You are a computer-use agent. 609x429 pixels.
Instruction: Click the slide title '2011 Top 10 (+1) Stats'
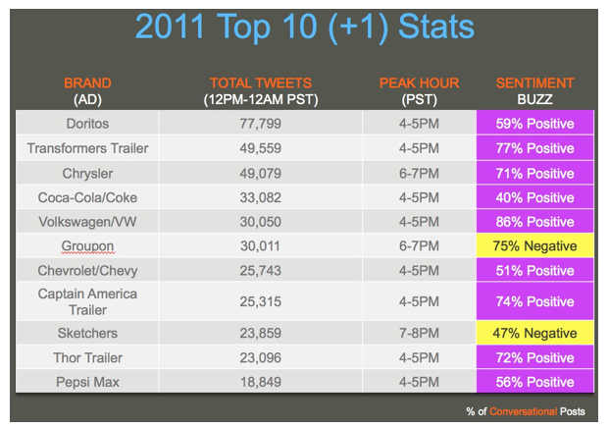[305, 27]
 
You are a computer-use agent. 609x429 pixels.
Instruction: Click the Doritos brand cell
[87, 124]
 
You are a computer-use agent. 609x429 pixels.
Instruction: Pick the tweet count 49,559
[260, 148]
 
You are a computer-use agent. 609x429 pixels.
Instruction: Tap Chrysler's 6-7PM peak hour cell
[419, 174]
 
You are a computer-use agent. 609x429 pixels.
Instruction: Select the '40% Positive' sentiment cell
[534, 197]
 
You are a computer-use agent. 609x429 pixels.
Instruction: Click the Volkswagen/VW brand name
[87, 222]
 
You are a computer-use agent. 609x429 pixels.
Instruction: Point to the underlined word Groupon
[87, 246]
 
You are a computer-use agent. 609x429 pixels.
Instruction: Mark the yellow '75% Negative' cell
[534, 245]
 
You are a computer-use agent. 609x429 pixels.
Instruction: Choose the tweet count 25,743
[260, 270]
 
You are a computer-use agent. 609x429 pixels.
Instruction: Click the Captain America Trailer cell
[87, 301]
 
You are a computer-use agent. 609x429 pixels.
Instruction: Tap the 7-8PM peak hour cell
[419, 333]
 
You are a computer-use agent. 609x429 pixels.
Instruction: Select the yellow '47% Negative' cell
[534, 333]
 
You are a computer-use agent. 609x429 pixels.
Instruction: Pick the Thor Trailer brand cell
[88, 357]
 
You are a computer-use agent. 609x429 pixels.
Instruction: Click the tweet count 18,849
[260, 382]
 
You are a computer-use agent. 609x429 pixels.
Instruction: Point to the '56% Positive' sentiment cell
[534, 382]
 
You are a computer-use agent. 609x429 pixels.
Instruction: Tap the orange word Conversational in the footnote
[523, 411]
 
